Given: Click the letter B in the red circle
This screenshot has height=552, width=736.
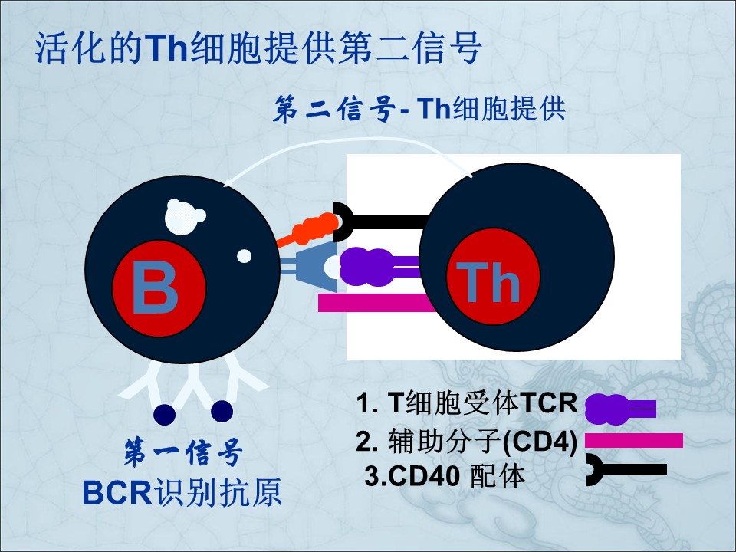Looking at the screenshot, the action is point(155,287).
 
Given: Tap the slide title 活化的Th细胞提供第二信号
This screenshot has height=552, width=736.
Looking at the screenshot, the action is point(258,48).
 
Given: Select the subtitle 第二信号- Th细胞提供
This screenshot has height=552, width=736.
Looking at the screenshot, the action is point(419,110).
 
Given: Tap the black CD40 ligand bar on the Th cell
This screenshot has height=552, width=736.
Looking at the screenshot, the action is point(381,222).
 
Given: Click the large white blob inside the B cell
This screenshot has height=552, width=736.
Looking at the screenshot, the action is point(184,216).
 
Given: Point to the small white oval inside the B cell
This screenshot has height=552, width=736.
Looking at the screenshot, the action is point(244,256).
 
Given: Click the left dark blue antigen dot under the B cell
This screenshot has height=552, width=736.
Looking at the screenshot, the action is point(165,414).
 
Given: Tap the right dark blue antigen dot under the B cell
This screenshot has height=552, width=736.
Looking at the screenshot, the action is point(222,412).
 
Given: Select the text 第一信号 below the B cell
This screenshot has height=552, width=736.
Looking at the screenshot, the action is point(183,453).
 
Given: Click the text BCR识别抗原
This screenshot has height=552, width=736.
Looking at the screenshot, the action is point(182,492).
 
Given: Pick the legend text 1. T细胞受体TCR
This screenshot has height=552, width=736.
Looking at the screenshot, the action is point(467,402).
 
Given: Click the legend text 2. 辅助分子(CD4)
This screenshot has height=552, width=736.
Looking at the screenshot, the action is point(466,442).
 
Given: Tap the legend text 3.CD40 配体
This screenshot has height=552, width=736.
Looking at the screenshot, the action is point(445,476).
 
